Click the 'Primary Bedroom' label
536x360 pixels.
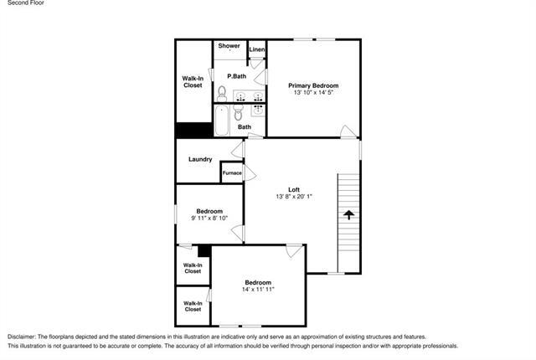pyautogui.click(x=313, y=85)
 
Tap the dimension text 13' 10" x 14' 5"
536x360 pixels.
pyautogui.click(x=313, y=93)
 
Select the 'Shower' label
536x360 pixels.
pyautogui.click(x=229, y=46)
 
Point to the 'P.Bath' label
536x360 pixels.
pyautogui.click(x=236, y=76)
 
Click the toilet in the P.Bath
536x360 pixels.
pyautogui.click(x=222, y=92)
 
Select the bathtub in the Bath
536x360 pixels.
pyautogui.click(x=222, y=120)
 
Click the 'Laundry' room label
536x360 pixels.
pyautogui.click(x=199, y=159)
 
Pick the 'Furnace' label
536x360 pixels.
pyautogui.click(x=232, y=172)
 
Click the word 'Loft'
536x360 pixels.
pyautogui.click(x=294, y=188)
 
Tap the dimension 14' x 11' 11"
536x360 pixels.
pyautogui.click(x=257, y=289)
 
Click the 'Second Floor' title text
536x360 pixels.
pyautogui.click(x=25, y=4)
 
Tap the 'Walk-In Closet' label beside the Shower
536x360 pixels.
pyautogui.click(x=193, y=81)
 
